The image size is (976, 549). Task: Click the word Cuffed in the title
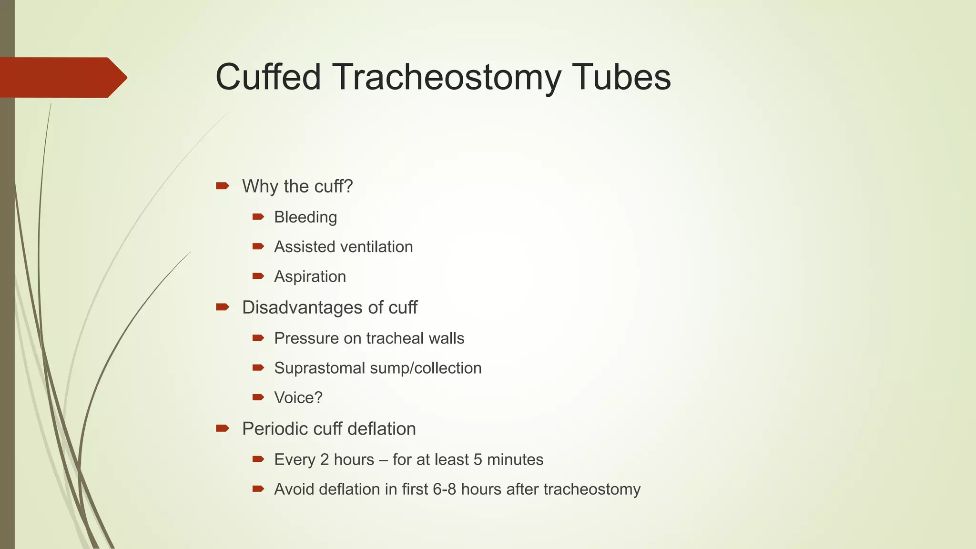[x=268, y=77]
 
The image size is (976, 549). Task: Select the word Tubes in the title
[x=622, y=77]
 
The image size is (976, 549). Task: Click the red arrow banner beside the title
[x=62, y=78]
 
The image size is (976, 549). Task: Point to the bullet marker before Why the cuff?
[x=222, y=186]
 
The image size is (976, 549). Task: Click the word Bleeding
[x=305, y=217]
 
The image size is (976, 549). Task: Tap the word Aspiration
[x=310, y=277]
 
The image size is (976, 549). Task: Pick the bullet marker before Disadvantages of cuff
[x=222, y=307]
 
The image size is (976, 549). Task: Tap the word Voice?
[x=298, y=397]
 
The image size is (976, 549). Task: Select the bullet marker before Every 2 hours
[x=258, y=459]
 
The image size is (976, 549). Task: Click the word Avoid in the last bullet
[x=294, y=489]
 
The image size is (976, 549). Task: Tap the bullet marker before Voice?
[x=258, y=397]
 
